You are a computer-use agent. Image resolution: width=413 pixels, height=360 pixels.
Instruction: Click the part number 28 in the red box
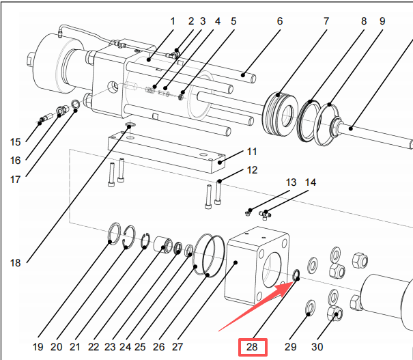(253, 347)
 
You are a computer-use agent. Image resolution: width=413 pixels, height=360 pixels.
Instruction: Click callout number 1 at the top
(173, 21)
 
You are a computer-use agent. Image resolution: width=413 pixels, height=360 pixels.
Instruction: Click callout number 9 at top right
(382, 21)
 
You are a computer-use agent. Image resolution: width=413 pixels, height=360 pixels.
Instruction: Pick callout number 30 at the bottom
(318, 347)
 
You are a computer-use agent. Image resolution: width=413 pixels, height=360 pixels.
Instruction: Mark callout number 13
(291, 182)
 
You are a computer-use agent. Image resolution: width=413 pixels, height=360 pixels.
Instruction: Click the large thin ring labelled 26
(210, 254)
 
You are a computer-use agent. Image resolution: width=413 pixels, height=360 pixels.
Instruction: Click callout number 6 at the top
(280, 21)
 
